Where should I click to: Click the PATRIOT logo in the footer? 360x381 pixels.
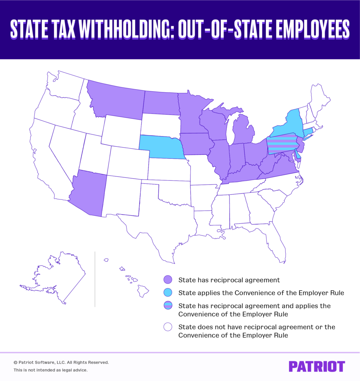[316, 366]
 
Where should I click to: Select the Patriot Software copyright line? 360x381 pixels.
[61, 362]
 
